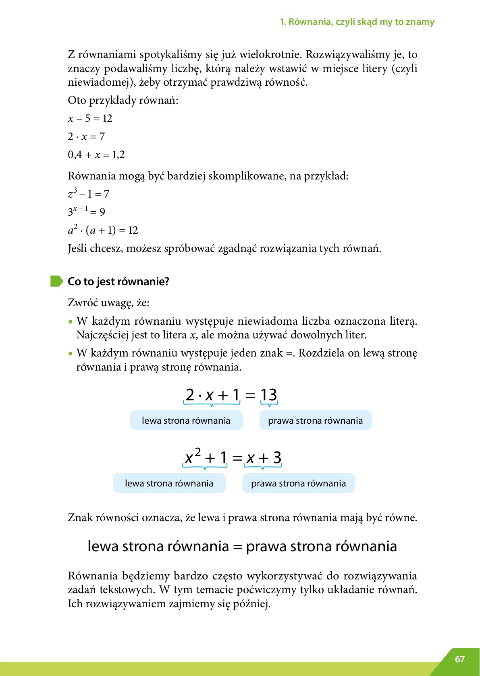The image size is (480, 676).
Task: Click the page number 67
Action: (459, 659)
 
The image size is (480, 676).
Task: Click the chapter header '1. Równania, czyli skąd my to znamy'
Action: (357, 22)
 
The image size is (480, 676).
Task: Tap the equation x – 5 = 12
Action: (90, 118)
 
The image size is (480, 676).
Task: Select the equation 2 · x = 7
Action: (86, 137)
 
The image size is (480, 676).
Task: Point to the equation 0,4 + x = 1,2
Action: (96, 155)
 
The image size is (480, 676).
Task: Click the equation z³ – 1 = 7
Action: (88, 194)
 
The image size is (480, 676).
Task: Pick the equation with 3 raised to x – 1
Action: (86, 211)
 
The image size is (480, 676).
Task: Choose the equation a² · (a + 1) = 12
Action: (103, 230)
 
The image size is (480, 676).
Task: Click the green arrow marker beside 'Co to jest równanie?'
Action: (56, 281)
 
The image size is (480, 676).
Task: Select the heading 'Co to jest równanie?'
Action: (118, 281)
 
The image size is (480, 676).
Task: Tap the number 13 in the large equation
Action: (268, 395)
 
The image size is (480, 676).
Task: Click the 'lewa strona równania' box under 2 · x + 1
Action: (186, 420)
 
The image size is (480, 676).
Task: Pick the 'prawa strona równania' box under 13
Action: (315, 420)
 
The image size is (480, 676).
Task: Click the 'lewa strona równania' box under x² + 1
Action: (169, 483)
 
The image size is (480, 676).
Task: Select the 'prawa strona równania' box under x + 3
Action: (298, 483)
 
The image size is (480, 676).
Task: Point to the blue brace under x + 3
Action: (263, 467)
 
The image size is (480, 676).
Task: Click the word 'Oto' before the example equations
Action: (77, 100)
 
